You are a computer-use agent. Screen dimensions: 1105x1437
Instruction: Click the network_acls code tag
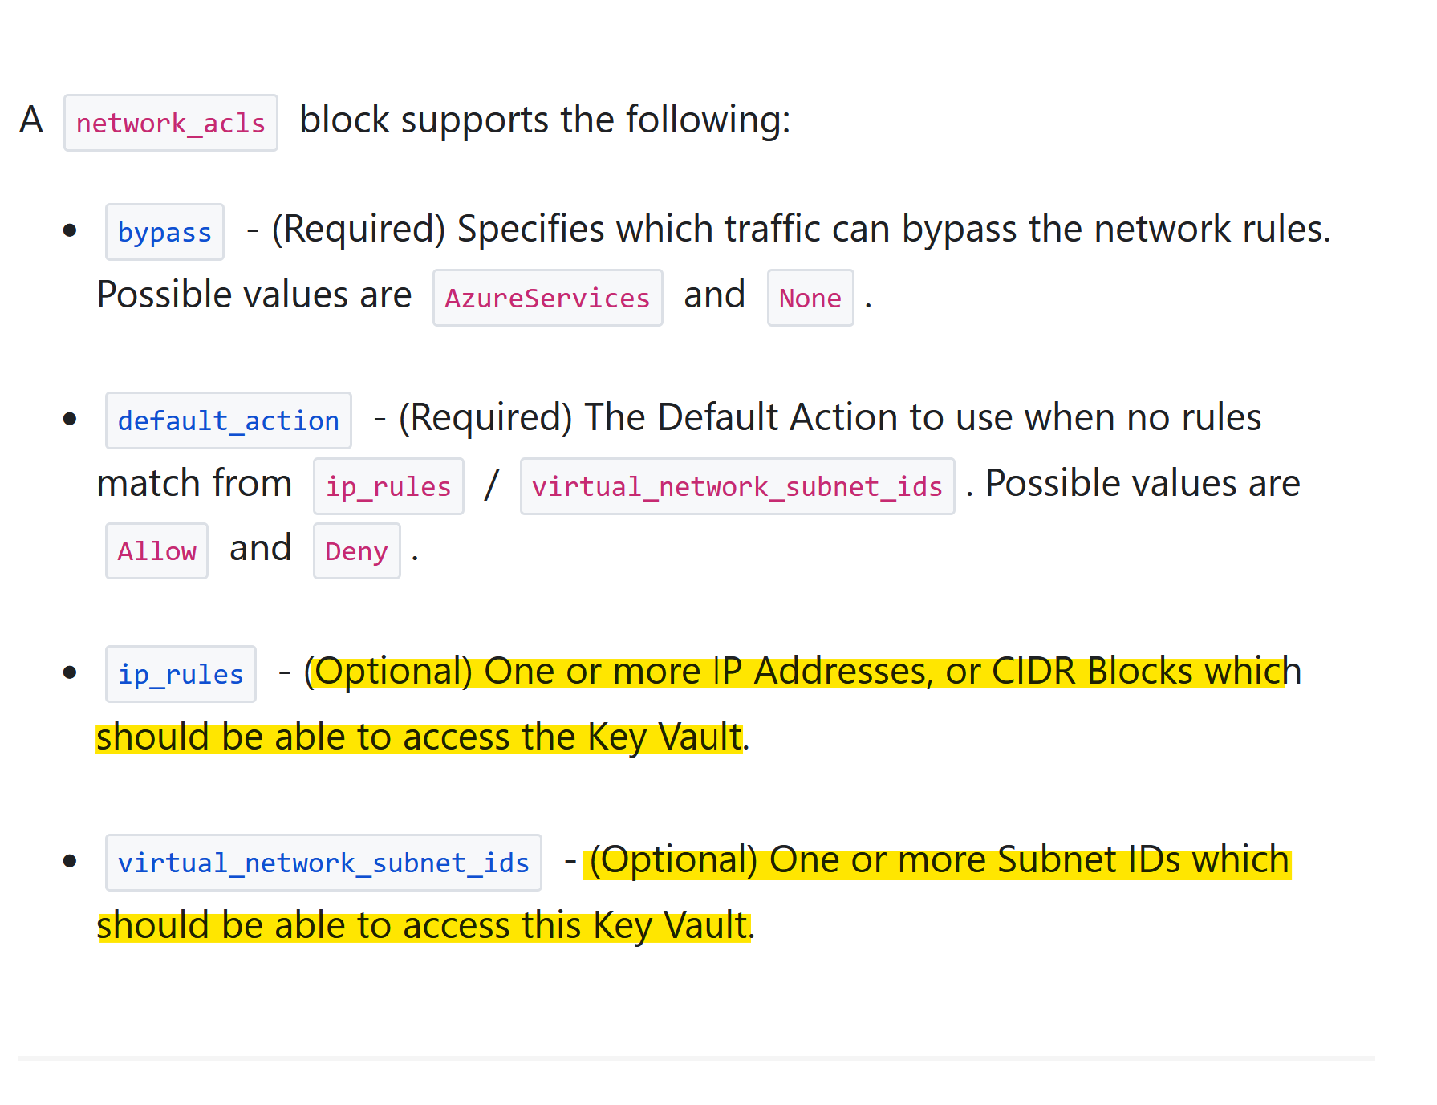tap(170, 124)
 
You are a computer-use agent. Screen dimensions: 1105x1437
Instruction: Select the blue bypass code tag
tap(164, 233)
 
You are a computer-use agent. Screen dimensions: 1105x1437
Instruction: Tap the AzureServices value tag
tap(547, 299)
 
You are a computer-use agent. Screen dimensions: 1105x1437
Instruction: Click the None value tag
tap(810, 299)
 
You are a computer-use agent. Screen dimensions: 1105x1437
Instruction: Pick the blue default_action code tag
tap(228, 421)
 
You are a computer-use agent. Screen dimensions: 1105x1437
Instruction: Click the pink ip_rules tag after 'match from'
tap(388, 487)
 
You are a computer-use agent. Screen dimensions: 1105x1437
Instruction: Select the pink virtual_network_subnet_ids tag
tap(737, 487)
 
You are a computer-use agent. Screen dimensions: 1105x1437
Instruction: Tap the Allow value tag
tap(156, 552)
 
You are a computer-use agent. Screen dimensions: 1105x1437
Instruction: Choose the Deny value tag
tap(356, 552)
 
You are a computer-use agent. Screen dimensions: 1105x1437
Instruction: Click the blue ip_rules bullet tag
tap(181, 675)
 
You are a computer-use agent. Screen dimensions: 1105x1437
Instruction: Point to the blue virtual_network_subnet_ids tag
tap(323, 863)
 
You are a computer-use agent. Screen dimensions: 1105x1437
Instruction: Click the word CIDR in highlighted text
tap(1033, 672)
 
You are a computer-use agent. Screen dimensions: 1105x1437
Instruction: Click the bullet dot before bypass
tap(70, 231)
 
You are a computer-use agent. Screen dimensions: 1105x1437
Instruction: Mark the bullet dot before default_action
tap(70, 420)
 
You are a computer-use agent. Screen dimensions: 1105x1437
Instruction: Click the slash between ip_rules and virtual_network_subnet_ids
tap(492, 485)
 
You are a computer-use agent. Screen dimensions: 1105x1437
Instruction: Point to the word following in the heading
tap(708, 120)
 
